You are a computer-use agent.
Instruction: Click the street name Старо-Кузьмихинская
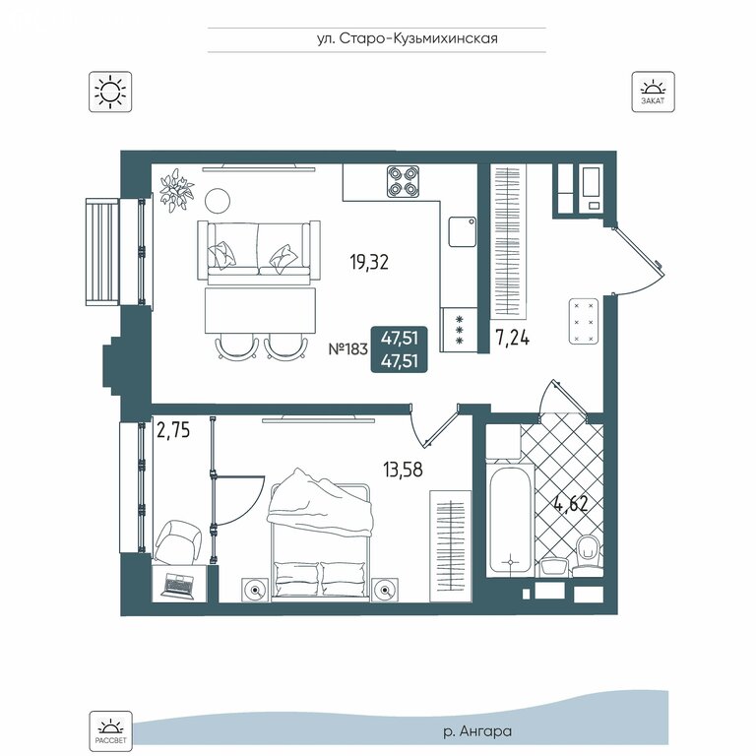tap(418, 38)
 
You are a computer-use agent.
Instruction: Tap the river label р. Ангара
tap(477, 731)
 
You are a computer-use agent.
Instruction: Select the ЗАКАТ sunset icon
tap(654, 93)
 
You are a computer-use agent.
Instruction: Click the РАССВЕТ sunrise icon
tap(110, 731)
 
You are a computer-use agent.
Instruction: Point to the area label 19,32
tap(369, 262)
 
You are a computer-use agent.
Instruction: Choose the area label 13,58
tap(403, 469)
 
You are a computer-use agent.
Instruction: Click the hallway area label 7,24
tap(512, 338)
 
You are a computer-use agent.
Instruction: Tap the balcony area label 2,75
tap(173, 430)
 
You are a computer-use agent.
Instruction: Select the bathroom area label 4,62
tap(571, 504)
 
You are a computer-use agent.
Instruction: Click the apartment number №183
tap(348, 348)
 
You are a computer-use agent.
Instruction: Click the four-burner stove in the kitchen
tap(403, 181)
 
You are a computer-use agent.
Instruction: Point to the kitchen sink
tap(463, 231)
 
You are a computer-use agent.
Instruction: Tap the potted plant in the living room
tap(177, 190)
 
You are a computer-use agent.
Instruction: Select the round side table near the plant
tap(218, 201)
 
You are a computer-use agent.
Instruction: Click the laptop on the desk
tap(179, 585)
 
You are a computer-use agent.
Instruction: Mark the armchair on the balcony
tap(177, 542)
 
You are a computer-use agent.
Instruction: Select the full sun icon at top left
tap(110, 93)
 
